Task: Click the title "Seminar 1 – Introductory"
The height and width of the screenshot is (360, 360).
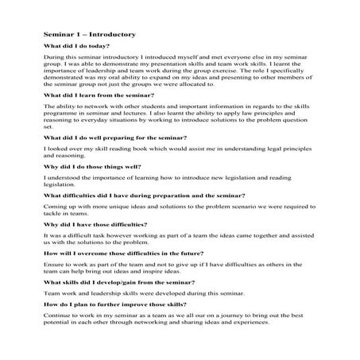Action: [91, 35]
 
